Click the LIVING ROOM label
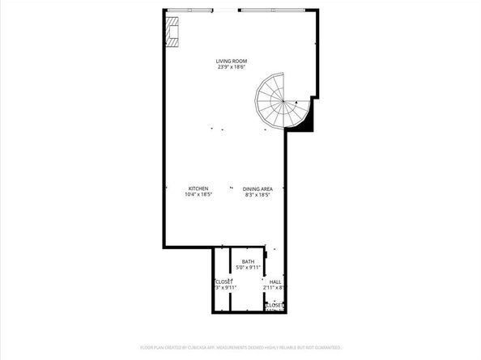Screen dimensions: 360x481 click(x=231, y=61)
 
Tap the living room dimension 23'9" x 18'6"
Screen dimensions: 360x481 click(x=231, y=67)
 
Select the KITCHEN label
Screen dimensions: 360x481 click(x=198, y=188)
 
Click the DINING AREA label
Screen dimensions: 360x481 click(x=257, y=188)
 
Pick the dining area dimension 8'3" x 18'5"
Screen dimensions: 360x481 click(x=257, y=194)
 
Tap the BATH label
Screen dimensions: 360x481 click(x=248, y=261)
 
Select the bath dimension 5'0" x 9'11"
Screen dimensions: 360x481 click(x=248, y=267)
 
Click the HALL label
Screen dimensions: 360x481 click(x=275, y=282)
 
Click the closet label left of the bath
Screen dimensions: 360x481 click(x=223, y=282)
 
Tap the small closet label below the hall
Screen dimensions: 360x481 click(x=278, y=305)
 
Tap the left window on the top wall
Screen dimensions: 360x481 click(x=190, y=10)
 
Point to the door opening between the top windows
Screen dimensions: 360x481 click(x=226, y=10)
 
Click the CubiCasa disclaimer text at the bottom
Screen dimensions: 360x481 click(x=240, y=347)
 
